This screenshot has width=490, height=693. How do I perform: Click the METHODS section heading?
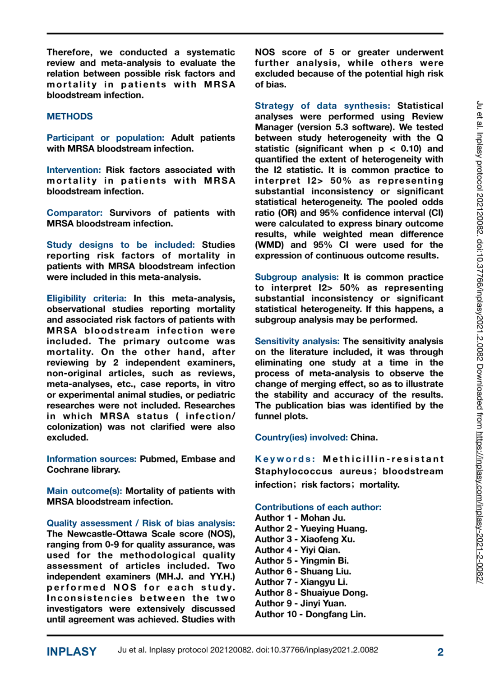(x=69, y=116)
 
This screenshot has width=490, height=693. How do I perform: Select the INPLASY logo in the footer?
(x=71, y=651)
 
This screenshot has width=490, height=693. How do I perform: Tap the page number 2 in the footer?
(x=440, y=652)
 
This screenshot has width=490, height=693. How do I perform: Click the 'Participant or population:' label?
(x=105, y=138)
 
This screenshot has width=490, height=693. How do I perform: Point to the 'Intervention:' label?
(x=74, y=170)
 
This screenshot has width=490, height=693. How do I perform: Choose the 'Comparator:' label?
(x=74, y=213)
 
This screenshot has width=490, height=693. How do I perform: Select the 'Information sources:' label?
(x=91, y=459)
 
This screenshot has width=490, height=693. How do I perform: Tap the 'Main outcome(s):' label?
(x=84, y=491)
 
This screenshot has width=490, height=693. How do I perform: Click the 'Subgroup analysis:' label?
(x=296, y=277)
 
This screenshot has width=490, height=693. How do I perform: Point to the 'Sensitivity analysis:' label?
(x=297, y=342)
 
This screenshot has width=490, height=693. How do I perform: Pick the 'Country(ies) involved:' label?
(x=301, y=438)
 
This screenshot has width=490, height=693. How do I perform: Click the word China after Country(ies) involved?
(x=364, y=438)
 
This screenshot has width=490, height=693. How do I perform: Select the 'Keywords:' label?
(x=285, y=459)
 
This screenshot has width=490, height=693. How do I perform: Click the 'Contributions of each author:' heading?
(x=318, y=507)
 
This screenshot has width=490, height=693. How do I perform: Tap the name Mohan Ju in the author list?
(x=323, y=518)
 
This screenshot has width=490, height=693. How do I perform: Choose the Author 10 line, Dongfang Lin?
(x=310, y=614)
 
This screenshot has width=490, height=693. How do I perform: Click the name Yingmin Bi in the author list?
(x=324, y=561)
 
